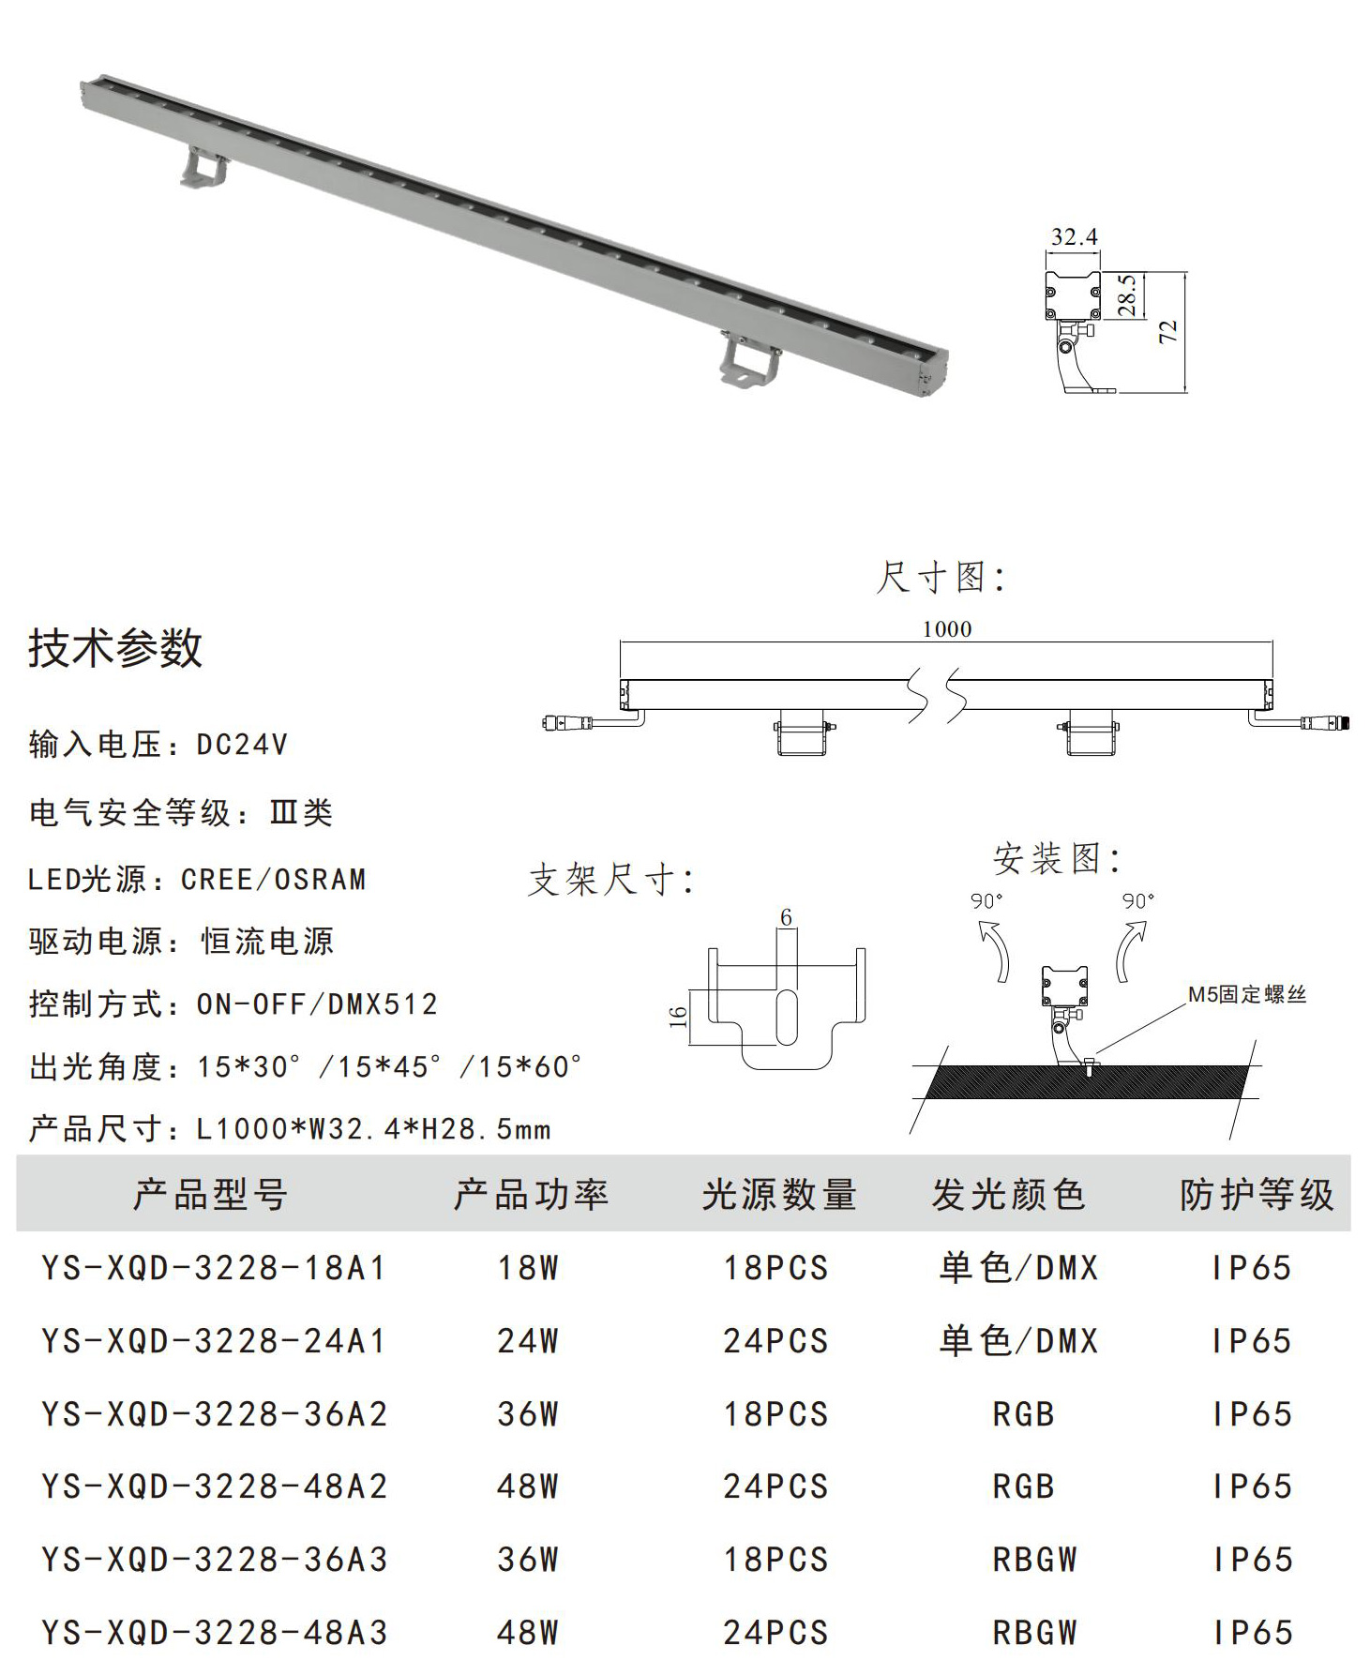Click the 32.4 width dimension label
tap(1074, 236)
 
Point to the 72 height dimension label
tap(1167, 331)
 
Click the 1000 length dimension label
tap(946, 628)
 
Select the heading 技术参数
tap(115, 648)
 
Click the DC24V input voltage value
tap(242, 745)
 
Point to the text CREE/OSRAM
tap(274, 880)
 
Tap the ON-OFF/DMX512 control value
tap(317, 1004)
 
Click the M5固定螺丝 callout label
tap(1247, 994)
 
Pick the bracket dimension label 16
tap(677, 1016)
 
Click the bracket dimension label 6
tap(786, 916)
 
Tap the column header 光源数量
tap(779, 1195)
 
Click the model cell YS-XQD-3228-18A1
tap(214, 1268)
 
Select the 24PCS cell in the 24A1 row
tap(775, 1341)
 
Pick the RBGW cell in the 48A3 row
tap(1035, 1633)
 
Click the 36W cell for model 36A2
tap(528, 1414)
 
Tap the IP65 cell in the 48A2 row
tap(1252, 1486)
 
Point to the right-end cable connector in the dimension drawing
tap(1323, 723)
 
